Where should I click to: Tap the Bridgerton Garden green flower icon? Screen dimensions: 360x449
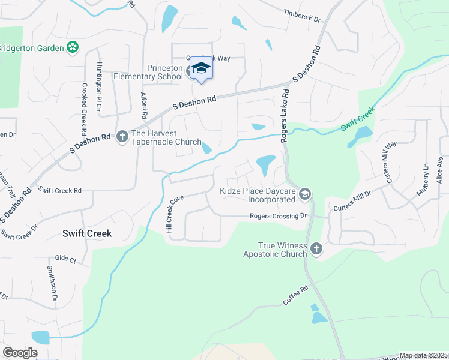(73, 47)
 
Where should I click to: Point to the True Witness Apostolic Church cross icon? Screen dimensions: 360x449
(316, 247)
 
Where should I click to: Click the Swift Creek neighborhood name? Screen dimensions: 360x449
(87, 233)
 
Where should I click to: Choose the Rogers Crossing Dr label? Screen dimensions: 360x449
(279, 215)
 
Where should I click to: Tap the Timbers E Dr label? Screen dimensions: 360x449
(303, 15)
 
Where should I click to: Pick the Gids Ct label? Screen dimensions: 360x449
(65, 260)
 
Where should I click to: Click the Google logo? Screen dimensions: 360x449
(20, 352)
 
